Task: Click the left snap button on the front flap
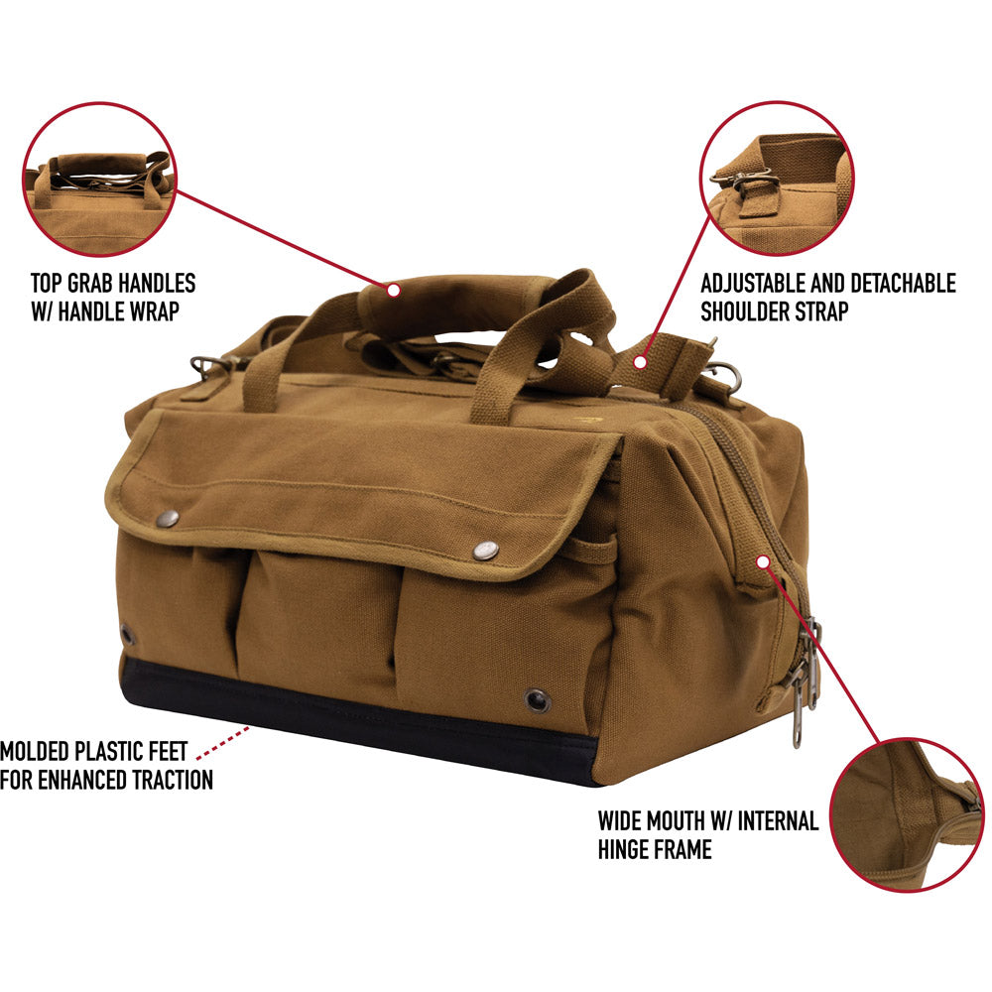pyautogui.click(x=168, y=519)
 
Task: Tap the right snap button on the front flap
pyautogui.click(x=486, y=551)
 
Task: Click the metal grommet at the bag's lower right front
pyautogui.click(x=537, y=700)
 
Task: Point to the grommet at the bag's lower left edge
pyautogui.click(x=127, y=634)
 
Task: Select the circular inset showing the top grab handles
pyautogui.click(x=99, y=179)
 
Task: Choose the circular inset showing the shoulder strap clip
pyautogui.click(x=777, y=178)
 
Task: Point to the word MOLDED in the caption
pyautogui.click(x=34, y=751)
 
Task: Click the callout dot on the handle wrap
pyautogui.click(x=394, y=291)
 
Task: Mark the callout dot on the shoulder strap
pyautogui.click(x=640, y=362)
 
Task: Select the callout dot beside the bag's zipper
pyautogui.click(x=763, y=561)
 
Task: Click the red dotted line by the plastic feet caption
pyautogui.click(x=222, y=743)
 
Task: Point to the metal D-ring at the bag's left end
pyautogui.click(x=205, y=366)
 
